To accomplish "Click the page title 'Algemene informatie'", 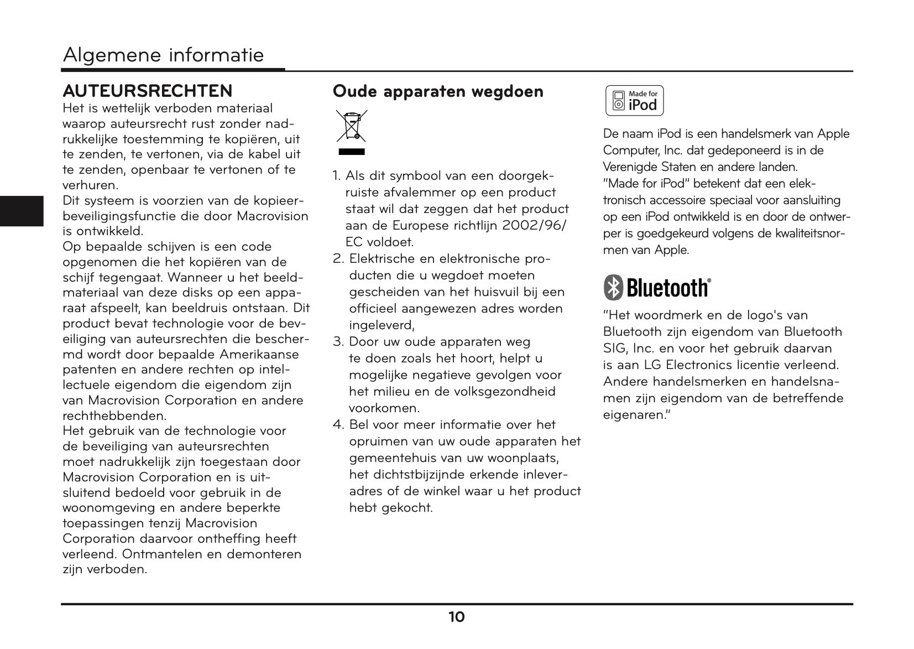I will (x=163, y=55).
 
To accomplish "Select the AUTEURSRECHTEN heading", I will (x=148, y=91).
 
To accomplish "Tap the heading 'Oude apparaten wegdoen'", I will (x=438, y=91).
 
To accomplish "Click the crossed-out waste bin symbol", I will (x=351, y=126).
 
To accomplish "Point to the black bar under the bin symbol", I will (x=351, y=151).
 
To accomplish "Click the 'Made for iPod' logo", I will (x=634, y=101).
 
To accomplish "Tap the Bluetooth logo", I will (x=657, y=288).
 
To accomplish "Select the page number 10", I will (x=456, y=617).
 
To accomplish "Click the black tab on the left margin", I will (x=22, y=211).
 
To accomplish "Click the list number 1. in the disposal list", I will (x=337, y=176).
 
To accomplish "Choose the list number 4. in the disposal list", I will (x=338, y=425).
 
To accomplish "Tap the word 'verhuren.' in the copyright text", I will (x=91, y=185).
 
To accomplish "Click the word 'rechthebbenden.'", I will (x=114, y=416).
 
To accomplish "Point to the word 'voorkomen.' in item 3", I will (x=384, y=408).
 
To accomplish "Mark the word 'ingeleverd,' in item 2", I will (x=382, y=325).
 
